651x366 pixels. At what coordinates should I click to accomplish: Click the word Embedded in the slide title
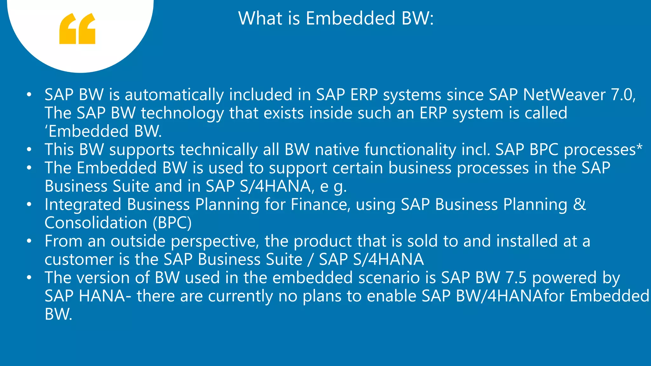pos(351,18)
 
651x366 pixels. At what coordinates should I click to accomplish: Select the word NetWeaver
pos(564,95)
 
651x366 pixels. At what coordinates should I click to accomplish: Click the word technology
pos(182,113)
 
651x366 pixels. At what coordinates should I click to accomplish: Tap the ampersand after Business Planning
pos(579,204)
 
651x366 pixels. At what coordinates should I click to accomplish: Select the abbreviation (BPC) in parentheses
pos(172,223)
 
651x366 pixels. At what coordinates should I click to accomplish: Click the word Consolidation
pos(96,223)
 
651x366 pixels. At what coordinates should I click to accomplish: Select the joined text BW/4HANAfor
pos(510,296)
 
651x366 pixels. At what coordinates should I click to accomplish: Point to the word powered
pos(565,278)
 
